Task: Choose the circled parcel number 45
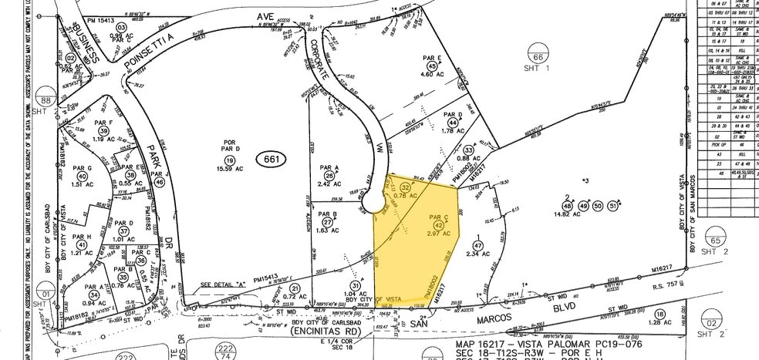[432, 67]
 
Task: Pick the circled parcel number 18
[659, 314]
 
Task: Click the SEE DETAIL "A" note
[223, 284]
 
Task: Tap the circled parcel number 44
[452, 123]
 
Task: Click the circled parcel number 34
[93, 294]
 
